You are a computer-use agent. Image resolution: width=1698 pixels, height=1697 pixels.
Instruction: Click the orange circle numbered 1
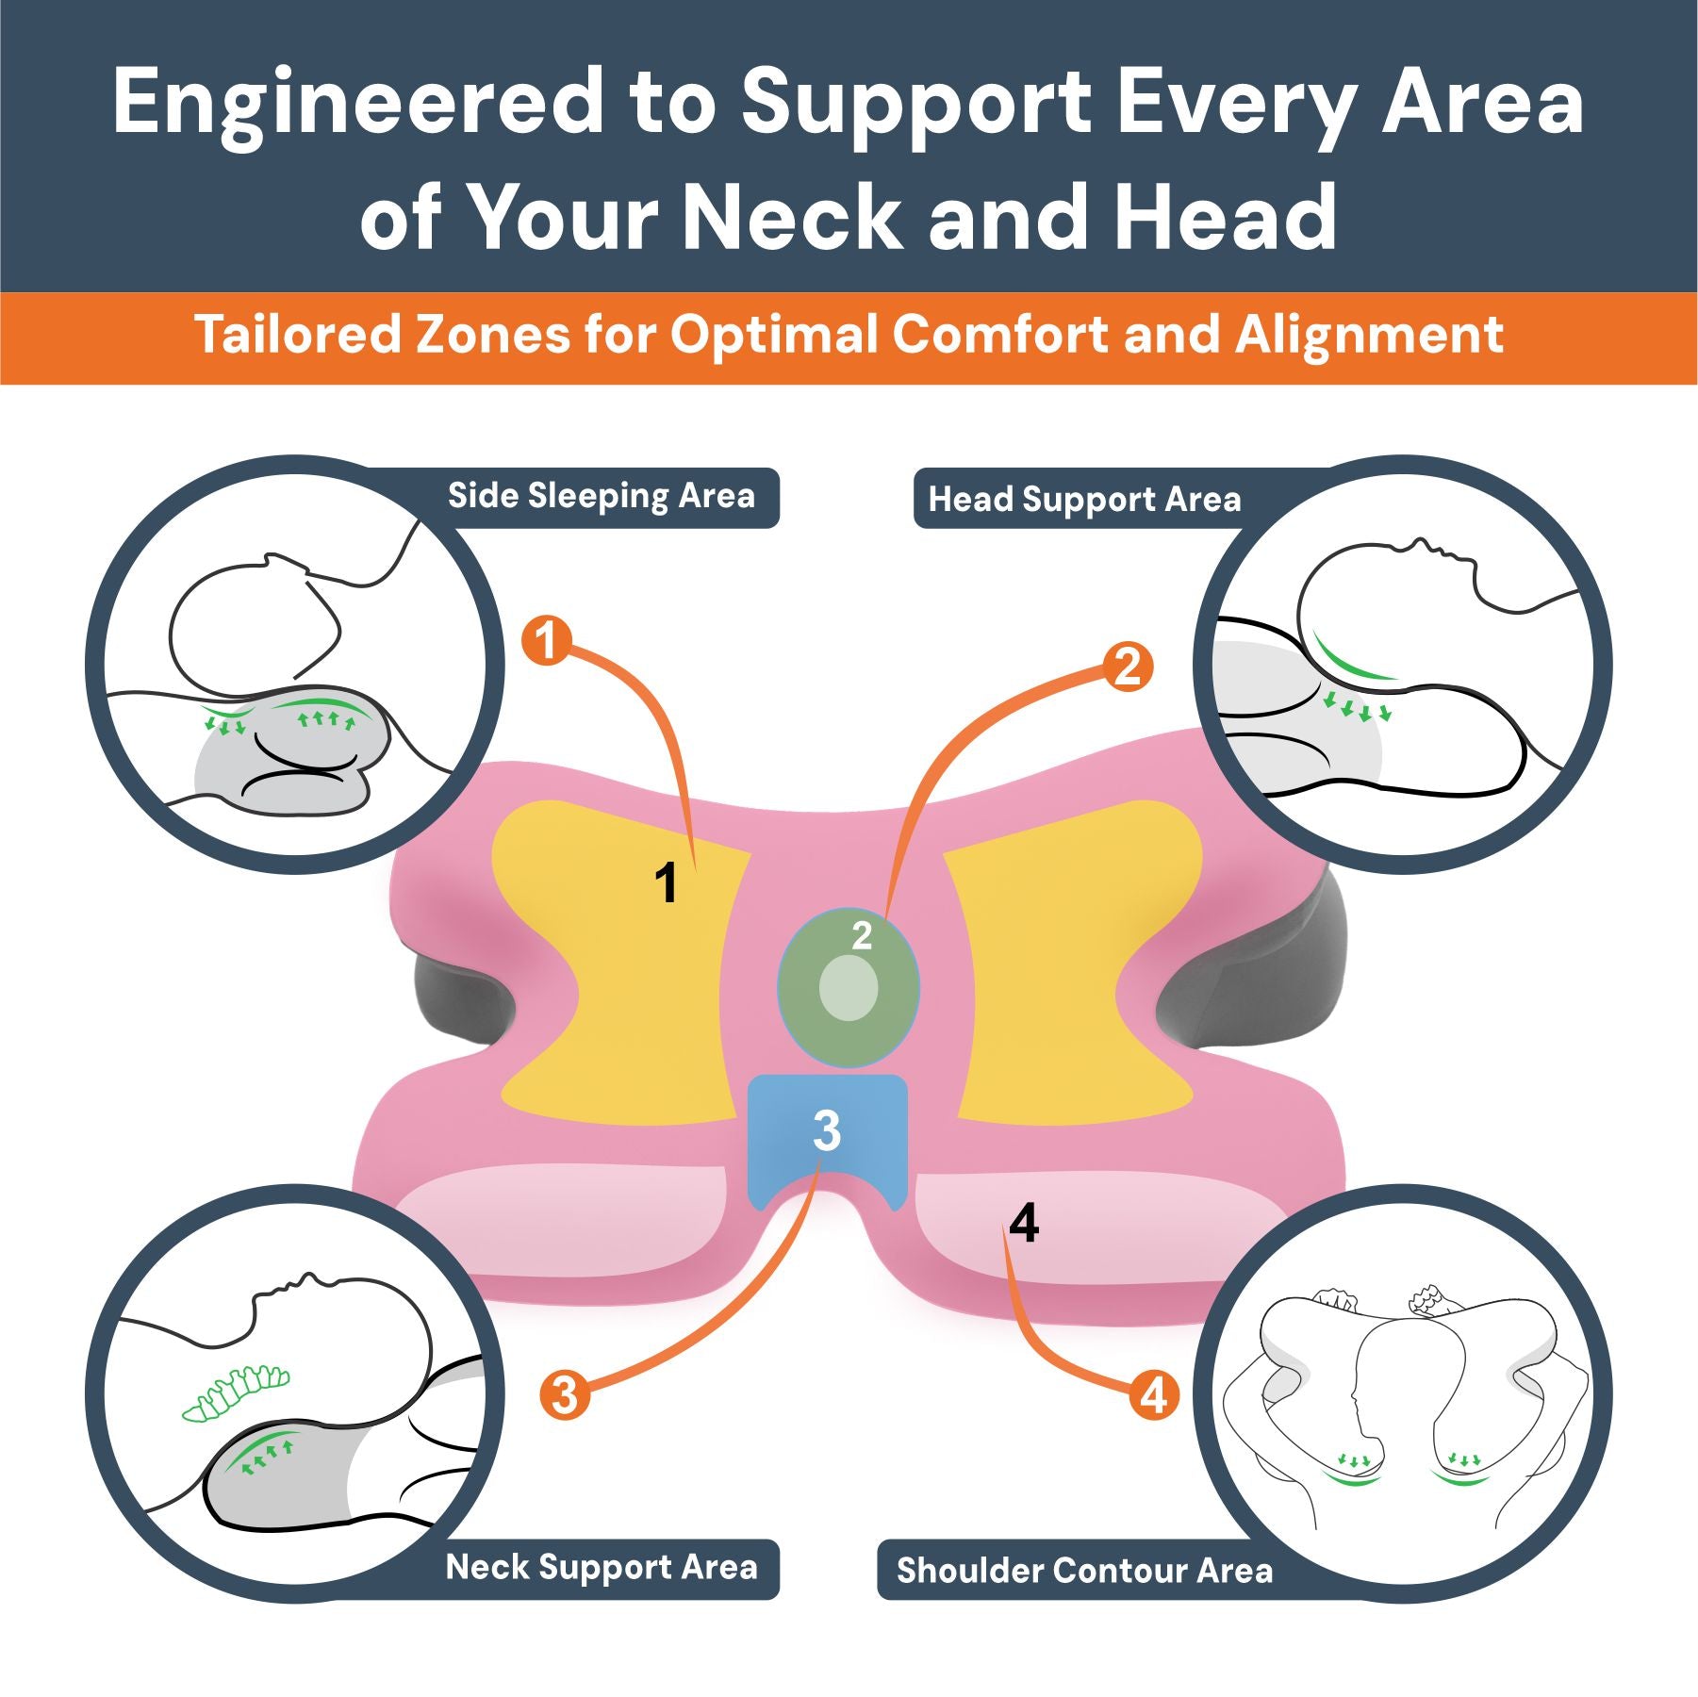coord(547,641)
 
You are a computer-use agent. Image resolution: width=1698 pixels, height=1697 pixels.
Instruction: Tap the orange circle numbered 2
coord(1128,667)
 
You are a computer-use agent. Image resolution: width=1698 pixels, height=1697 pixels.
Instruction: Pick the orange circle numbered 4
coord(1154,1395)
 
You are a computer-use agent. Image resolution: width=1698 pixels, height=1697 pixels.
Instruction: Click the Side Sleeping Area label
coord(601,496)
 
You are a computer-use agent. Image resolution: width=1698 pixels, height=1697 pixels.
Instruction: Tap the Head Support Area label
coord(1084,500)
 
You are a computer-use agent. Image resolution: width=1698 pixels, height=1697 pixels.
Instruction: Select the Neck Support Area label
coord(601,1567)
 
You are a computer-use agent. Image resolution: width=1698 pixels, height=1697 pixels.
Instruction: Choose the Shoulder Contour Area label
coord(1084,1571)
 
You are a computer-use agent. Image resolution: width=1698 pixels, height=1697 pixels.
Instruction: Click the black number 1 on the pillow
coord(666,883)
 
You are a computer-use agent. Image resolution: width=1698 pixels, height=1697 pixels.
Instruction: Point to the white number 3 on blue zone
coord(826,1130)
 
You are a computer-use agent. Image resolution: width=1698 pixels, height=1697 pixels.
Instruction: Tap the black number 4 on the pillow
coord(1024,1223)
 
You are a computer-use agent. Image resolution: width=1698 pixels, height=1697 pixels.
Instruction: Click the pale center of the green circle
coord(849,988)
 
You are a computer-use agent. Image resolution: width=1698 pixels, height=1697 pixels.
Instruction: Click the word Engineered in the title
coord(358,104)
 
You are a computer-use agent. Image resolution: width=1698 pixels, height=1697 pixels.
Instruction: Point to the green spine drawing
coord(236,1392)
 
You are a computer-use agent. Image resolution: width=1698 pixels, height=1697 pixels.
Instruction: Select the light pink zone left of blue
coord(566,1216)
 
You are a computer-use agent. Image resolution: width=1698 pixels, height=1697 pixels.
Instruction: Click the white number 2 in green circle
coord(862,935)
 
